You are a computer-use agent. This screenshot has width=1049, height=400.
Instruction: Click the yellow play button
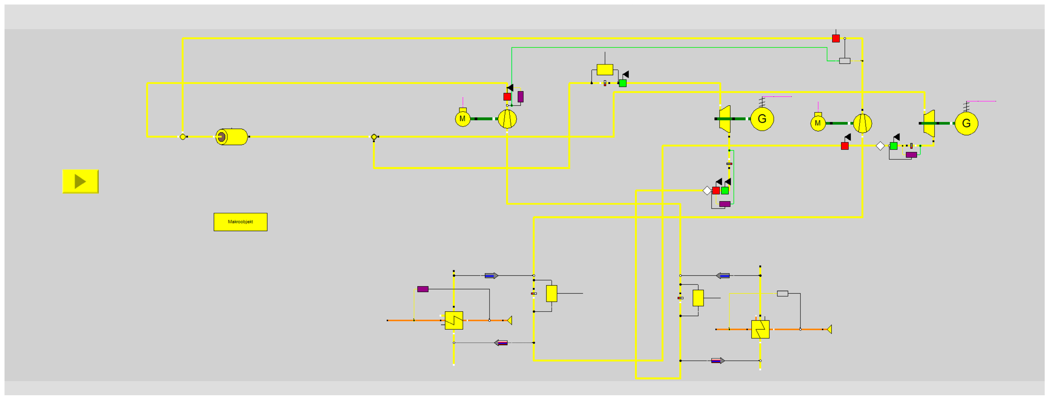(x=80, y=181)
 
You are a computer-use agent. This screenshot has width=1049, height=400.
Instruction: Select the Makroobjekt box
(x=240, y=222)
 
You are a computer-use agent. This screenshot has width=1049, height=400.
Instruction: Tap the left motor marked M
(x=463, y=119)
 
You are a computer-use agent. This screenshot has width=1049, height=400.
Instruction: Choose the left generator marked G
(x=762, y=119)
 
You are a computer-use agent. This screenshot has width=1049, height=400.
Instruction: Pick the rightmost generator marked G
(x=966, y=123)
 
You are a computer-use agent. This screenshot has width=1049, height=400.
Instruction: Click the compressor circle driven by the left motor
(x=507, y=119)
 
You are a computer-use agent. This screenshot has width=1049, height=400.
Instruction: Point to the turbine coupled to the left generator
(x=725, y=119)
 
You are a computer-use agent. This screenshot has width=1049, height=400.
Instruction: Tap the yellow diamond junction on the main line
(x=374, y=137)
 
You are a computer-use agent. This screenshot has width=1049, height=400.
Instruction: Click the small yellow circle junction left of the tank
(x=183, y=137)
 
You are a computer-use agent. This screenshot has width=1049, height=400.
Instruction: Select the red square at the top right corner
(x=836, y=39)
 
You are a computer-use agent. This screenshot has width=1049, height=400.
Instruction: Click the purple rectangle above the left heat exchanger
(x=423, y=289)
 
